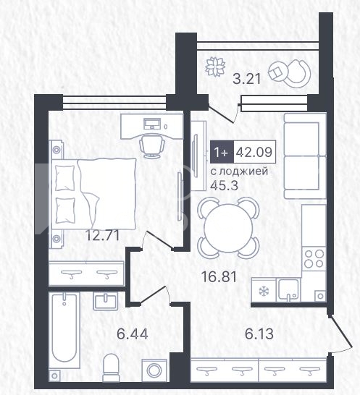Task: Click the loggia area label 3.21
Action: (x=246, y=79)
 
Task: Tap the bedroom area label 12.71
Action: (x=102, y=236)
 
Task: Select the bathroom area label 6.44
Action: (x=133, y=334)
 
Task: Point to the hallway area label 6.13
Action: (x=259, y=334)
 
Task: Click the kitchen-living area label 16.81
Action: (x=219, y=276)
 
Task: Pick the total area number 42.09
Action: (x=254, y=152)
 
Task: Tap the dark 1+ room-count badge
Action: (x=222, y=152)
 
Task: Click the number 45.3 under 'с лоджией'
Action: (x=224, y=186)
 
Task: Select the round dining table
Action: (x=228, y=227)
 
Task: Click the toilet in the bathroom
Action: (x=111, y=368)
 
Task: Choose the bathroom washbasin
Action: (x=106, y=301)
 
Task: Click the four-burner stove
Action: (x=314, y=258)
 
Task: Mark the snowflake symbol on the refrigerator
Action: (x=264, y=292)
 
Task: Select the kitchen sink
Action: (x=288, y=290)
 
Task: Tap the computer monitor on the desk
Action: (x=152, y=124)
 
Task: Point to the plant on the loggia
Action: (x=215, y=67)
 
